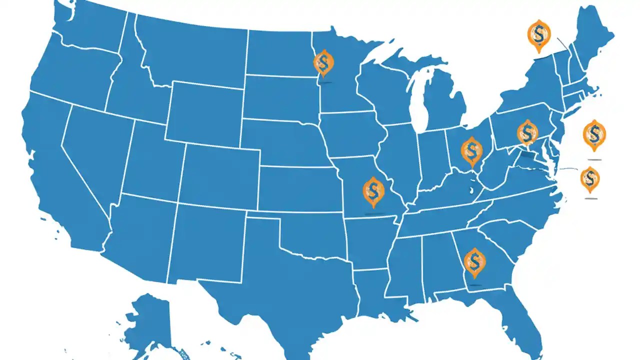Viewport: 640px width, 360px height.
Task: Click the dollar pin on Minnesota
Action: [x=323, y=63]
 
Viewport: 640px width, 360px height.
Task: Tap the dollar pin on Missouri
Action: [x=373, y=191]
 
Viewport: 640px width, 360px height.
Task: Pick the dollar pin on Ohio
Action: [x=470, y=150]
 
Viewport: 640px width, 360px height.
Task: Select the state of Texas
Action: [x=280, y=280]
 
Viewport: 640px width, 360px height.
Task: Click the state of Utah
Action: [x=152, y=160]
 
